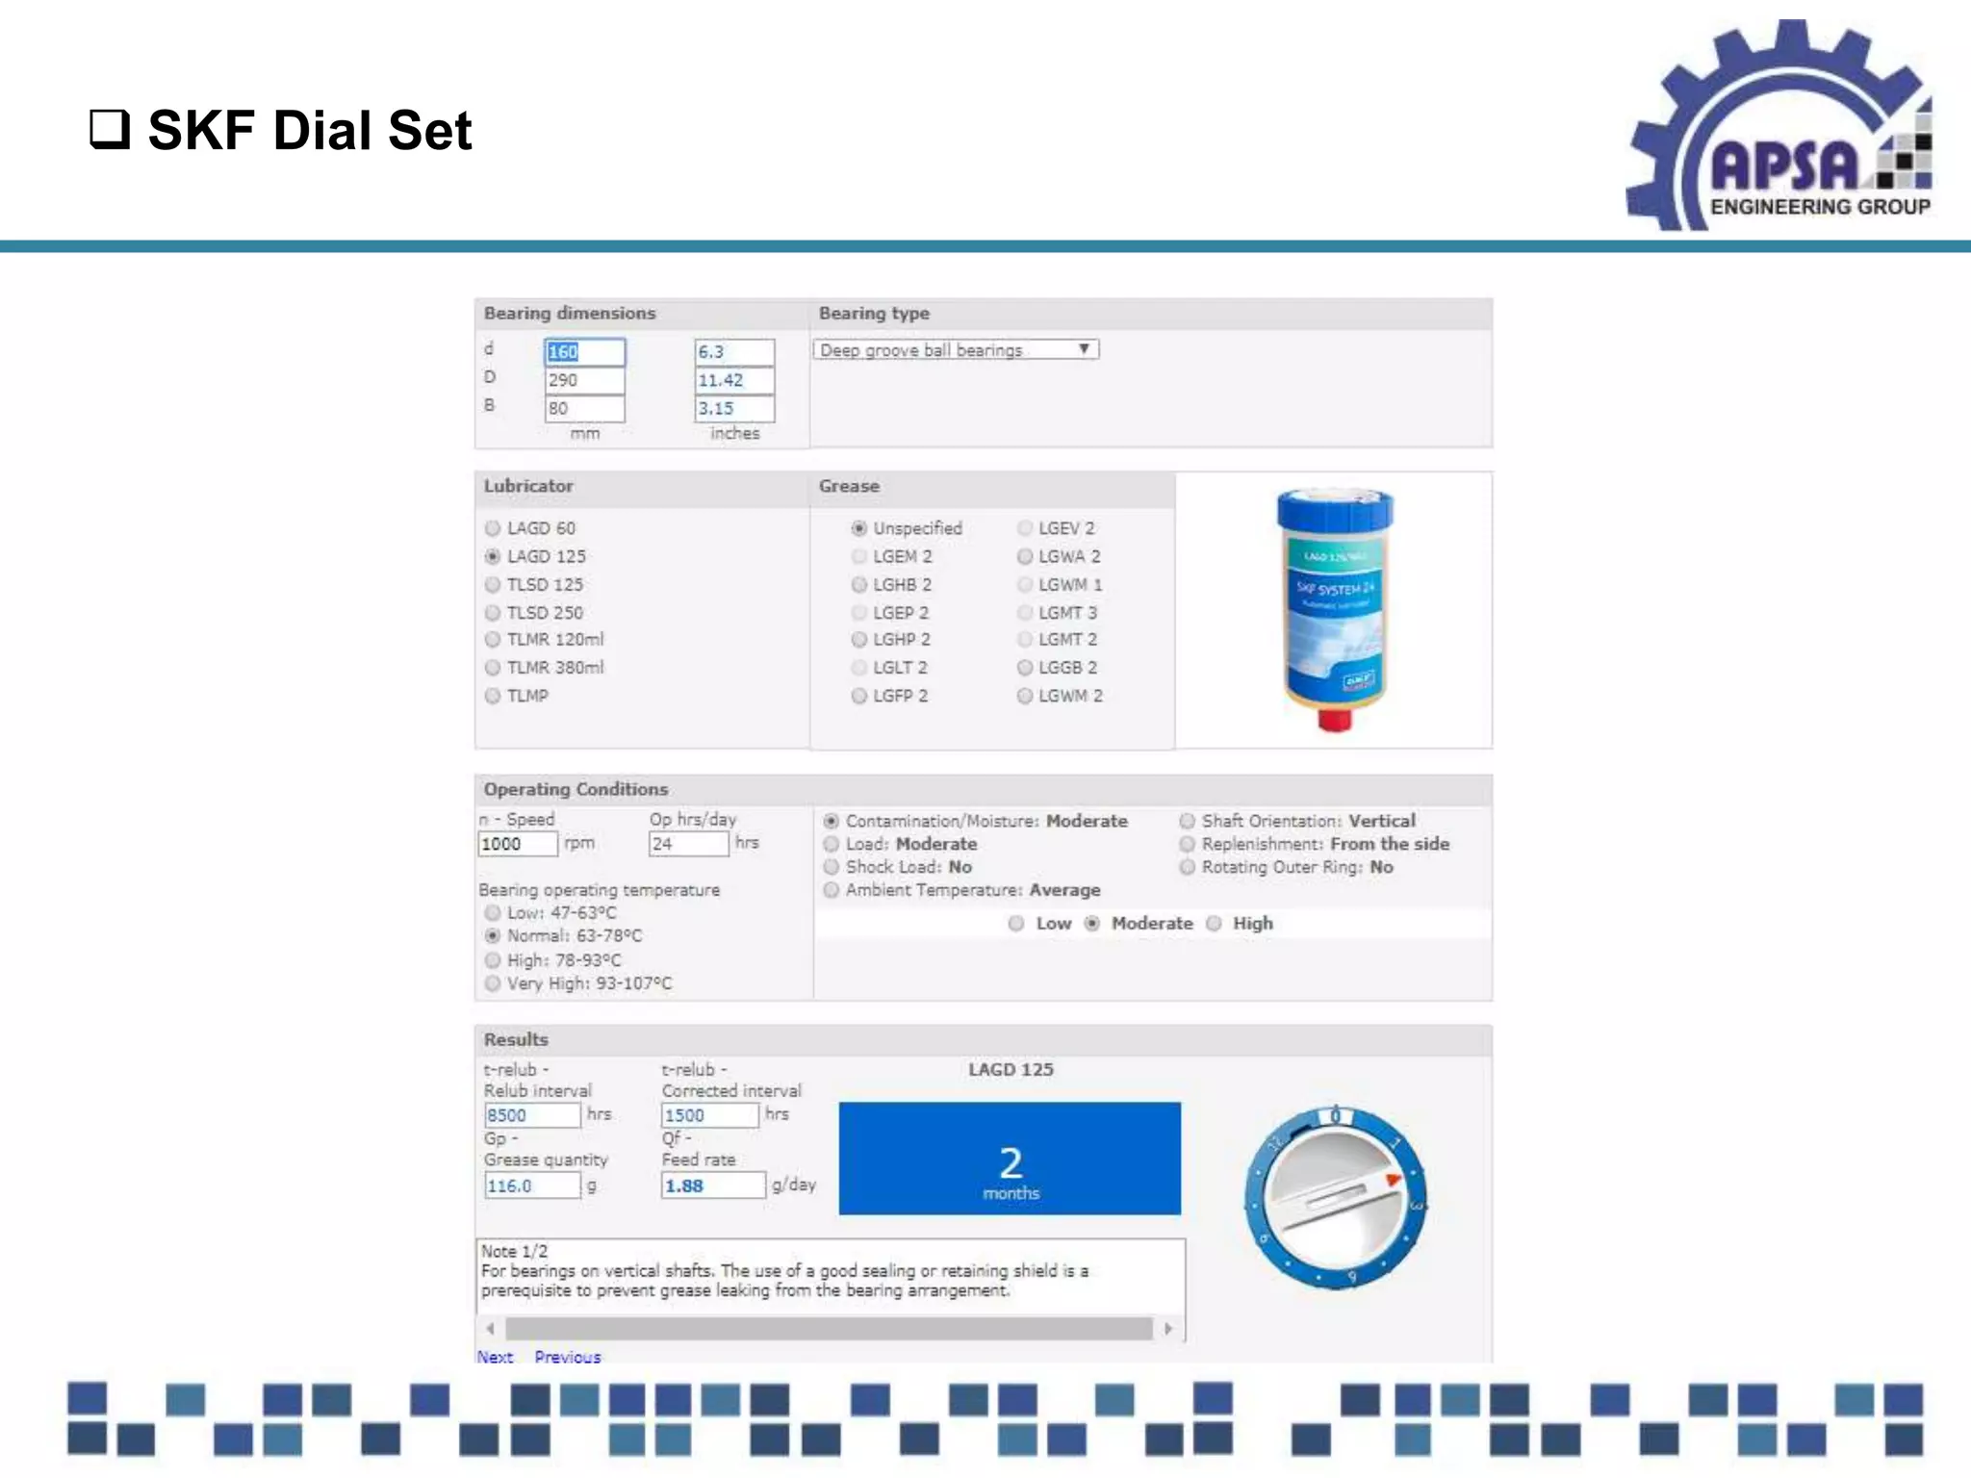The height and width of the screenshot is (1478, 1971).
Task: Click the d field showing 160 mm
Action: (x=584, y=352)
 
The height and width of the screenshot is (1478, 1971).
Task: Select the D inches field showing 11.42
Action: (x=733, y=380)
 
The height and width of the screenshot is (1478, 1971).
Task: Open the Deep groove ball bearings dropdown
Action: (x=956, y=350)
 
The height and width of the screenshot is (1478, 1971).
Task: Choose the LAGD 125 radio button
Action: (x=493, y=556)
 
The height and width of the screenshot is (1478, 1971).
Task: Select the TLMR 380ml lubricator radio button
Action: (x=493, y=667)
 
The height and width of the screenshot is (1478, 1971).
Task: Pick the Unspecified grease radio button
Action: (x=859, y=528)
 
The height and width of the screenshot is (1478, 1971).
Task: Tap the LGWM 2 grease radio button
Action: (x=1025, y=696)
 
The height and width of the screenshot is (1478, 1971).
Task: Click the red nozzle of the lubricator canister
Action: (x=1334, y=719)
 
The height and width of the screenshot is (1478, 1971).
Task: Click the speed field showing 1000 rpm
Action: (x=517, y=844)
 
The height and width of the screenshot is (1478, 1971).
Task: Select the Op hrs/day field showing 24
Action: (x=688, y=844)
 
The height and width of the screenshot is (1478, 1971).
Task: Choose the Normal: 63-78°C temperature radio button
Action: (x=493, y=935)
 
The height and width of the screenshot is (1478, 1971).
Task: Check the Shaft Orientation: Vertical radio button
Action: (x=1188, y=821)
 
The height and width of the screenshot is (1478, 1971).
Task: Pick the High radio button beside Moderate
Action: (x=1215, y=923)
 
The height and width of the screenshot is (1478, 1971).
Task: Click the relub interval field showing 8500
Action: (x=531, y=1115)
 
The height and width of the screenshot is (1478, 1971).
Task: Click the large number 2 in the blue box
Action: (x=1011, y=1162)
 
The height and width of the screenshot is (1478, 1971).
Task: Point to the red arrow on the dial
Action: (x=1393, y=1180)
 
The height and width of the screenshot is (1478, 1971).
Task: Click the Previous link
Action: (x=568, y=1357)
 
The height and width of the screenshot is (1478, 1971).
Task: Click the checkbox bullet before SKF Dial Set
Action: (x=110, y=129)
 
